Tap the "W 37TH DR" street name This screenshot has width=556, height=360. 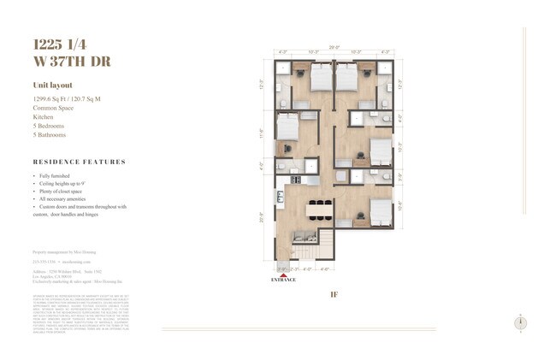tap(73, 62)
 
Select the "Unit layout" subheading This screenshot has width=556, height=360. tap(52, 86)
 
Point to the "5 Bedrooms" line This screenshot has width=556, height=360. tap(51, 126)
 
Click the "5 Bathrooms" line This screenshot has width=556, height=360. tap(52, 135)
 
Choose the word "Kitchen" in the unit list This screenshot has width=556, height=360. tap(45, 117)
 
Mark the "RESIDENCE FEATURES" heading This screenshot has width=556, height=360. tap(79, 162)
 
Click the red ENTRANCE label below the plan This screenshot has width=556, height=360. tap(283, 280)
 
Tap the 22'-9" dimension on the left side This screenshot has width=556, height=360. tap(263, 217)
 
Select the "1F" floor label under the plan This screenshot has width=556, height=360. tap(335, 294)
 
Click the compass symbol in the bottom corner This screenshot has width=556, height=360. tap(521, 322)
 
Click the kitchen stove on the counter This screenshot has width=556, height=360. tap(295, 180)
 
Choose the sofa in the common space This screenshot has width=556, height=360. tap(302, 235)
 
